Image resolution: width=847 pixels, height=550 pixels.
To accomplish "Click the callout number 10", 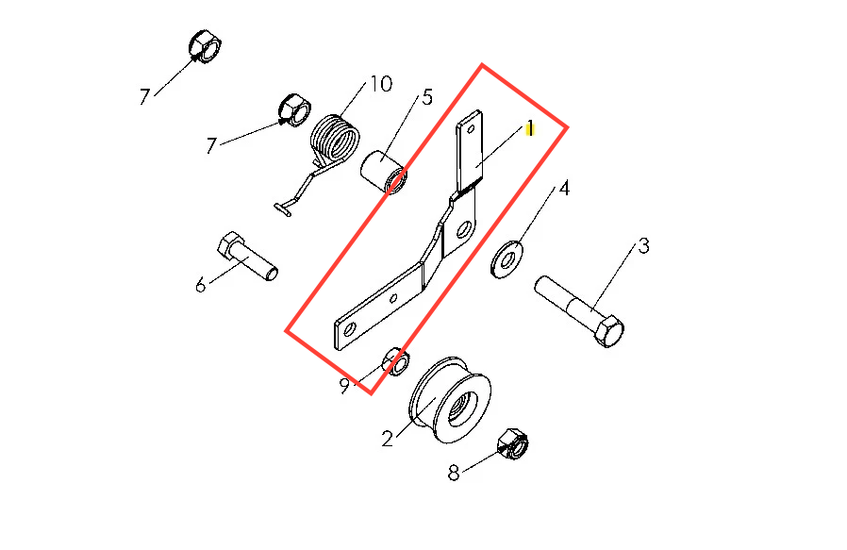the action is pyautogui.click(x=381, y=84).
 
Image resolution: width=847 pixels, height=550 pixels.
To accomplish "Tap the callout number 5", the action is pyautogui.click(x=427, y=97).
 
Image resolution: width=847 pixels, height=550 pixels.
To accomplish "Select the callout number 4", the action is pyautogui.click(x=564, y=189).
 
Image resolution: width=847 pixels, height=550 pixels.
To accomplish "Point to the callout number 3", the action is pyautogui.click(x=643, y=246).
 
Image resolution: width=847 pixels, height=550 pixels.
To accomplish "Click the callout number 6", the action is pyautogui.click(x=200, y=284).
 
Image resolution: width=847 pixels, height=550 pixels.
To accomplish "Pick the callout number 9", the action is pyautogui.click(x=344, y=386).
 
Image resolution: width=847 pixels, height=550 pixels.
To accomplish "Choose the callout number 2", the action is pyautogui.click(x=387, y=439).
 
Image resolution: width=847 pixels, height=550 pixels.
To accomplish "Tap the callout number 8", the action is pyautogui.click(x=454, y=473).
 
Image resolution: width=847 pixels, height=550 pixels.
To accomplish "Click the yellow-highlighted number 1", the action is pyautogui.click(x=530, y=128).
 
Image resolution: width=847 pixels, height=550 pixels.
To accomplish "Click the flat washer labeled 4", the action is pyautogui.click(x=507, y=260).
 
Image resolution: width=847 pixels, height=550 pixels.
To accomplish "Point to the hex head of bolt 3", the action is pyautogui.click(x=609, y=330).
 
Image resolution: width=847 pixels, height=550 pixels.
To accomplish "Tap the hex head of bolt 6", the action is pyautogui.click(x=230, y=244).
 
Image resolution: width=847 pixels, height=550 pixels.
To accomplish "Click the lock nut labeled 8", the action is pyautogui.click(x=512, y=444).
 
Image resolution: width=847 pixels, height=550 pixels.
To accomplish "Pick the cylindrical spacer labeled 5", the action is pyautogui.click(x=384, y=172).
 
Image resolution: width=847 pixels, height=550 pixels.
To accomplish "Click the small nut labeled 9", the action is pyautogui.click(x=396, y=361).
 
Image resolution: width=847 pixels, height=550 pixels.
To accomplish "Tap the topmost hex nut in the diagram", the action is pyautogui.click(x=205, y=46).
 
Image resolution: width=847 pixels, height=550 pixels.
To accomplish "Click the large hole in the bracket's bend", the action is pyautogui.click(x=463, y=230).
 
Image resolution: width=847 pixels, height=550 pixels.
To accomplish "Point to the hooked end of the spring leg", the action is pyautogui.click(x=283, y=209).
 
